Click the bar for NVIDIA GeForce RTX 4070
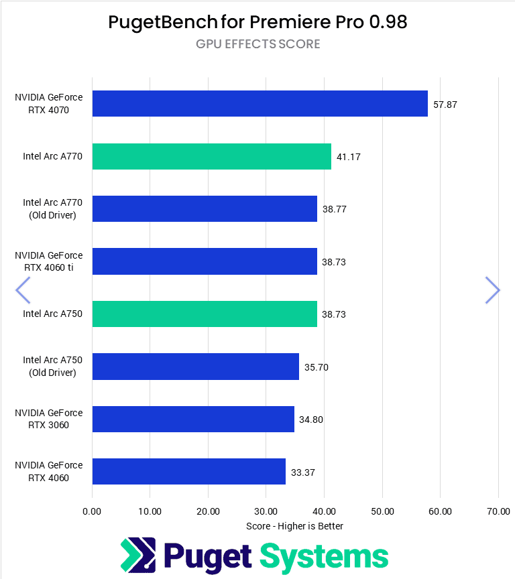click(260, 104)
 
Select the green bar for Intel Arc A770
click(211, 156)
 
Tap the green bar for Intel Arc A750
click(205, 314)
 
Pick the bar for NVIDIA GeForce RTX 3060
click(193, 419)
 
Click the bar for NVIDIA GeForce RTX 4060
click(188, 471)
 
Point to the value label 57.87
click(445, 105)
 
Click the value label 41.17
click(349, 157)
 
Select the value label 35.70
click(317, 367)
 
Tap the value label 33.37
click(303, 472)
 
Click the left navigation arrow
click(23, 290)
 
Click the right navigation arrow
click(492, 290)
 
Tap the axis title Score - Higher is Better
click(294, 526)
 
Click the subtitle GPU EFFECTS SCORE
click(257, 44)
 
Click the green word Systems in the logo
click(324, 557)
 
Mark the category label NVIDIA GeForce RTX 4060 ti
click(49, 261)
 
